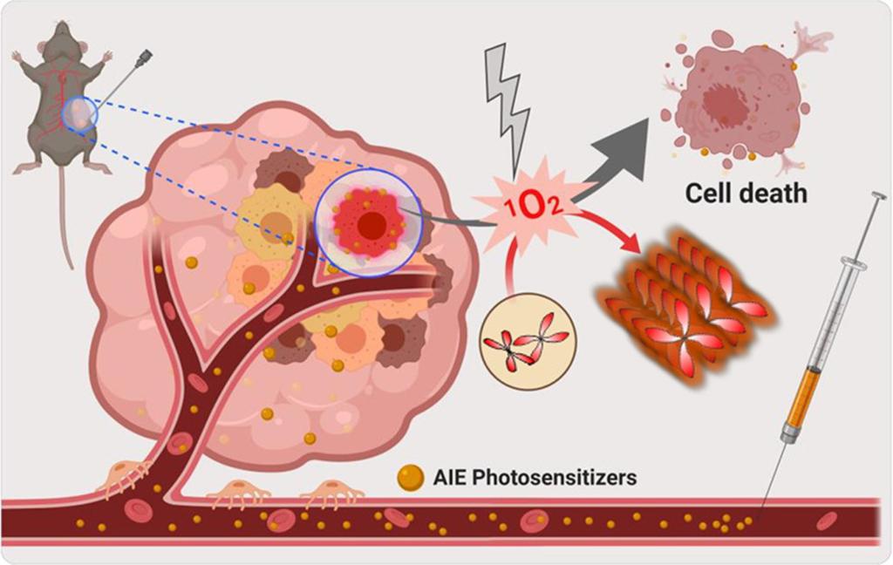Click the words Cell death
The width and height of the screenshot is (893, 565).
[746, 193]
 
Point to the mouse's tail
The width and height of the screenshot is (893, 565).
[65, 218]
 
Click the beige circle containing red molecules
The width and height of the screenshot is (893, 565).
[523, 340]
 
